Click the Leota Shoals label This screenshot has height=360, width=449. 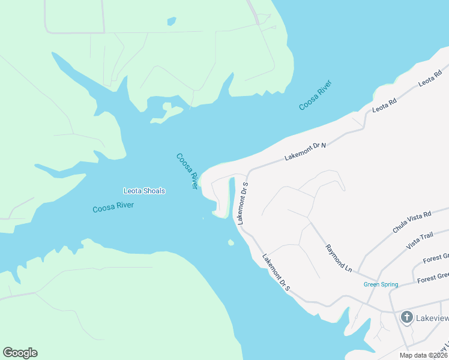(x=144, y=191)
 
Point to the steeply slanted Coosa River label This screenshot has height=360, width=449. (x=187, y=171)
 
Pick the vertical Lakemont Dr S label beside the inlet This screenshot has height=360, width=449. (x=243, y=203)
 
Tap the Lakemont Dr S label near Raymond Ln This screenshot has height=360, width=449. (x=276, y=273)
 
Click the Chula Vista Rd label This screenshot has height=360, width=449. (x=412, y=222)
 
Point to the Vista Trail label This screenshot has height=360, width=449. (x=420, y=242)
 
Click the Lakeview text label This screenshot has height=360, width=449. (x=433, y=318)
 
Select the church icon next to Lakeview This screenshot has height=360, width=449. (x=406, y=317)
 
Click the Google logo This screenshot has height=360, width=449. (x=20, y=353)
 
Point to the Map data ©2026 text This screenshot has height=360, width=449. (x=423, y=355)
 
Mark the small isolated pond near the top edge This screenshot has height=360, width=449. (x=172, y=22)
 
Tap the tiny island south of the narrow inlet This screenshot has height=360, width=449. (x=231, y=242)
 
